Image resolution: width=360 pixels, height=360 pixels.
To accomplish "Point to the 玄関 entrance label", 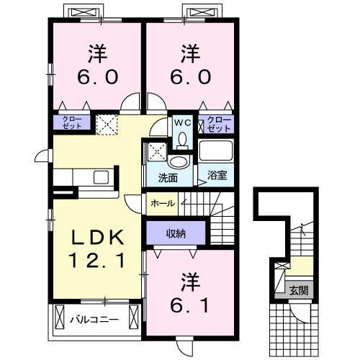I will click(x=298, y=291).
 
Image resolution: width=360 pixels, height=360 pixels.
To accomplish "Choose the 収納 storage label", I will click(x=176, y=233).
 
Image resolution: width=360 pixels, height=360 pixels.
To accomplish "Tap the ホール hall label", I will click(x=163, y=204).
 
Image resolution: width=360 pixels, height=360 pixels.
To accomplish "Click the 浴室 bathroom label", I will click(x=217, y=175).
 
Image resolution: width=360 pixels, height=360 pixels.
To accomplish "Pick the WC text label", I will click(x=180, y=122).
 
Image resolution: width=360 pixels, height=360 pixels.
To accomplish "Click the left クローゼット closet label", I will click(x=71, y=122).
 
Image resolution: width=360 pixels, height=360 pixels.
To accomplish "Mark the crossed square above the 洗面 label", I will click(x=156, y=153).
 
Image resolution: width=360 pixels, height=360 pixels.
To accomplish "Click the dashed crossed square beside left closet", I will click(x=107, y=124).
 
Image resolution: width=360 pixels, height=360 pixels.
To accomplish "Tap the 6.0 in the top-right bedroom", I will click(x=190, y=76).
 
